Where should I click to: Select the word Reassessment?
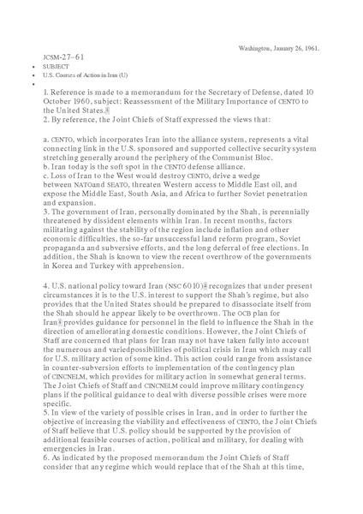pos(146,101)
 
